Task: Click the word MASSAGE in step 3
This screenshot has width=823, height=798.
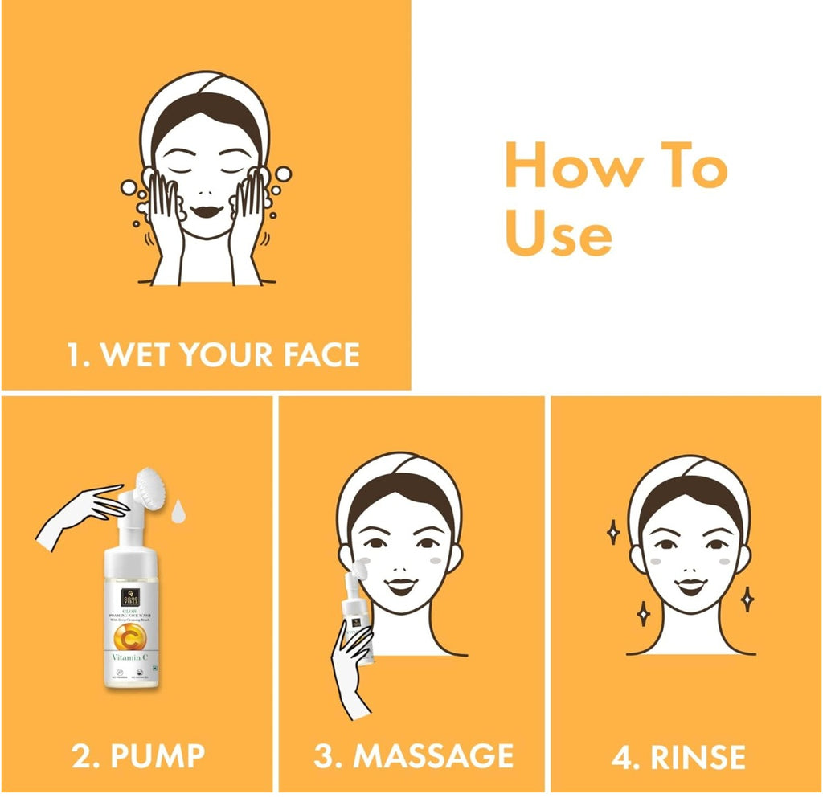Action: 433,755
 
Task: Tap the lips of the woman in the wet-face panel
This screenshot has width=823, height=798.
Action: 206,211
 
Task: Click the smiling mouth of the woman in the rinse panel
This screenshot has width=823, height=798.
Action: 690,585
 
